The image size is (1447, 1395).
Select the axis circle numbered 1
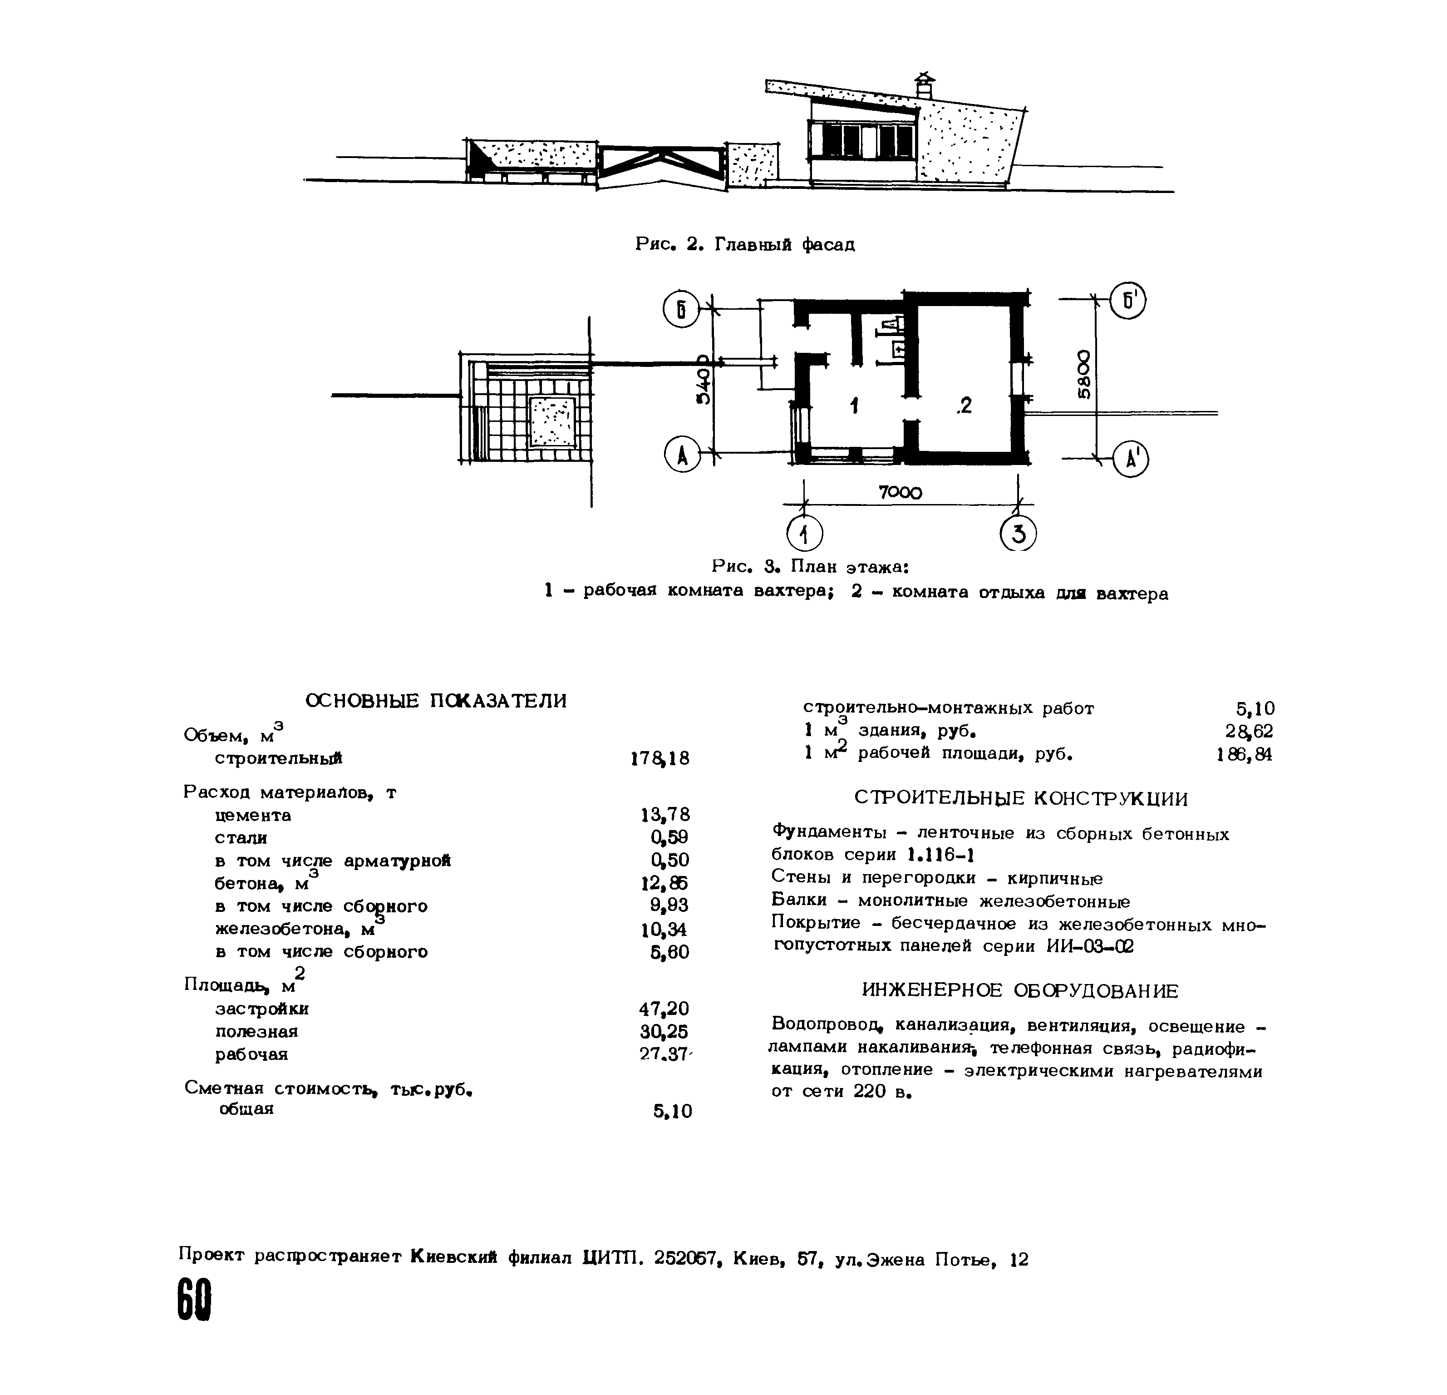[x=805, y=533]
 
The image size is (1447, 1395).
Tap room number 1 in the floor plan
[x=854, y=406]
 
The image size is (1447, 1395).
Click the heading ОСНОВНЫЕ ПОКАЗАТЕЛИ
[x=436, y=701]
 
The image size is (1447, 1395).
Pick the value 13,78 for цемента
[x=665, y=815]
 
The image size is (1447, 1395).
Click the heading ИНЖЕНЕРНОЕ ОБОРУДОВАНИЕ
[x=1020, y=990]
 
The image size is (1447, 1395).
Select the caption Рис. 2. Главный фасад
[x=745, y=244]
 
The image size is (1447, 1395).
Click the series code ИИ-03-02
[x=1090, y=946]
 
